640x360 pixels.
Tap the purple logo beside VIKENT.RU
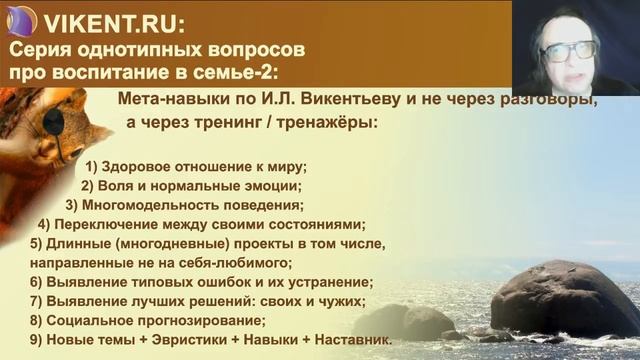[21, 19]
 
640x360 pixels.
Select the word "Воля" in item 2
[124, 185]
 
